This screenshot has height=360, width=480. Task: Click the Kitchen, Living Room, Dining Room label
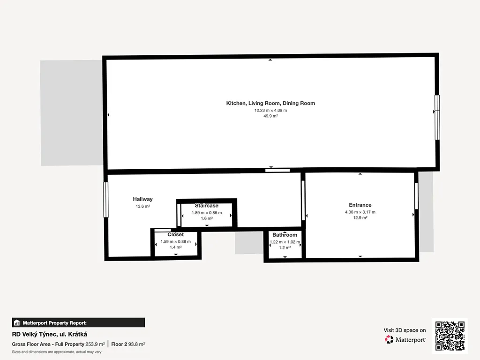270,103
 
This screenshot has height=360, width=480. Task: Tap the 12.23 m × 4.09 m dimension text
270,110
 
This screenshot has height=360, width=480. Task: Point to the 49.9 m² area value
270,116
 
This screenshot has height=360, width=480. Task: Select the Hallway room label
142,199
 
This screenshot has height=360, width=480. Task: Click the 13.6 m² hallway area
142,206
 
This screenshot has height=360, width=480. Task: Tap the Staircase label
207,205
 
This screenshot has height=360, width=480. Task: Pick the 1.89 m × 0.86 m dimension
207,213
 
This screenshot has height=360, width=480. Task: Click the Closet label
176,234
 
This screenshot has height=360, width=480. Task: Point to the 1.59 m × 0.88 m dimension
176,241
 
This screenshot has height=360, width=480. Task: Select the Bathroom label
285,235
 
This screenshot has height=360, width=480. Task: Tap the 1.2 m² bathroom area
285,247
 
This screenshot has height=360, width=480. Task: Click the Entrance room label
360,205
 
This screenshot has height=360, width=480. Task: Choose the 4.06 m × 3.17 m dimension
360,212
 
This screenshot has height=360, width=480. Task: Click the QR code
450,336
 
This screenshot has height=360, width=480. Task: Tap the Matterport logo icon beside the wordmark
389,339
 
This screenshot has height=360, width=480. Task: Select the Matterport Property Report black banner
78,322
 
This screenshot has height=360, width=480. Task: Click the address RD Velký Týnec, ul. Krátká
49,334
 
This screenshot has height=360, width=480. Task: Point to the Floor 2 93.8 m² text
128,344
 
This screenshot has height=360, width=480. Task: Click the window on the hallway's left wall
106,200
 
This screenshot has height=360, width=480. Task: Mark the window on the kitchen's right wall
437,118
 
